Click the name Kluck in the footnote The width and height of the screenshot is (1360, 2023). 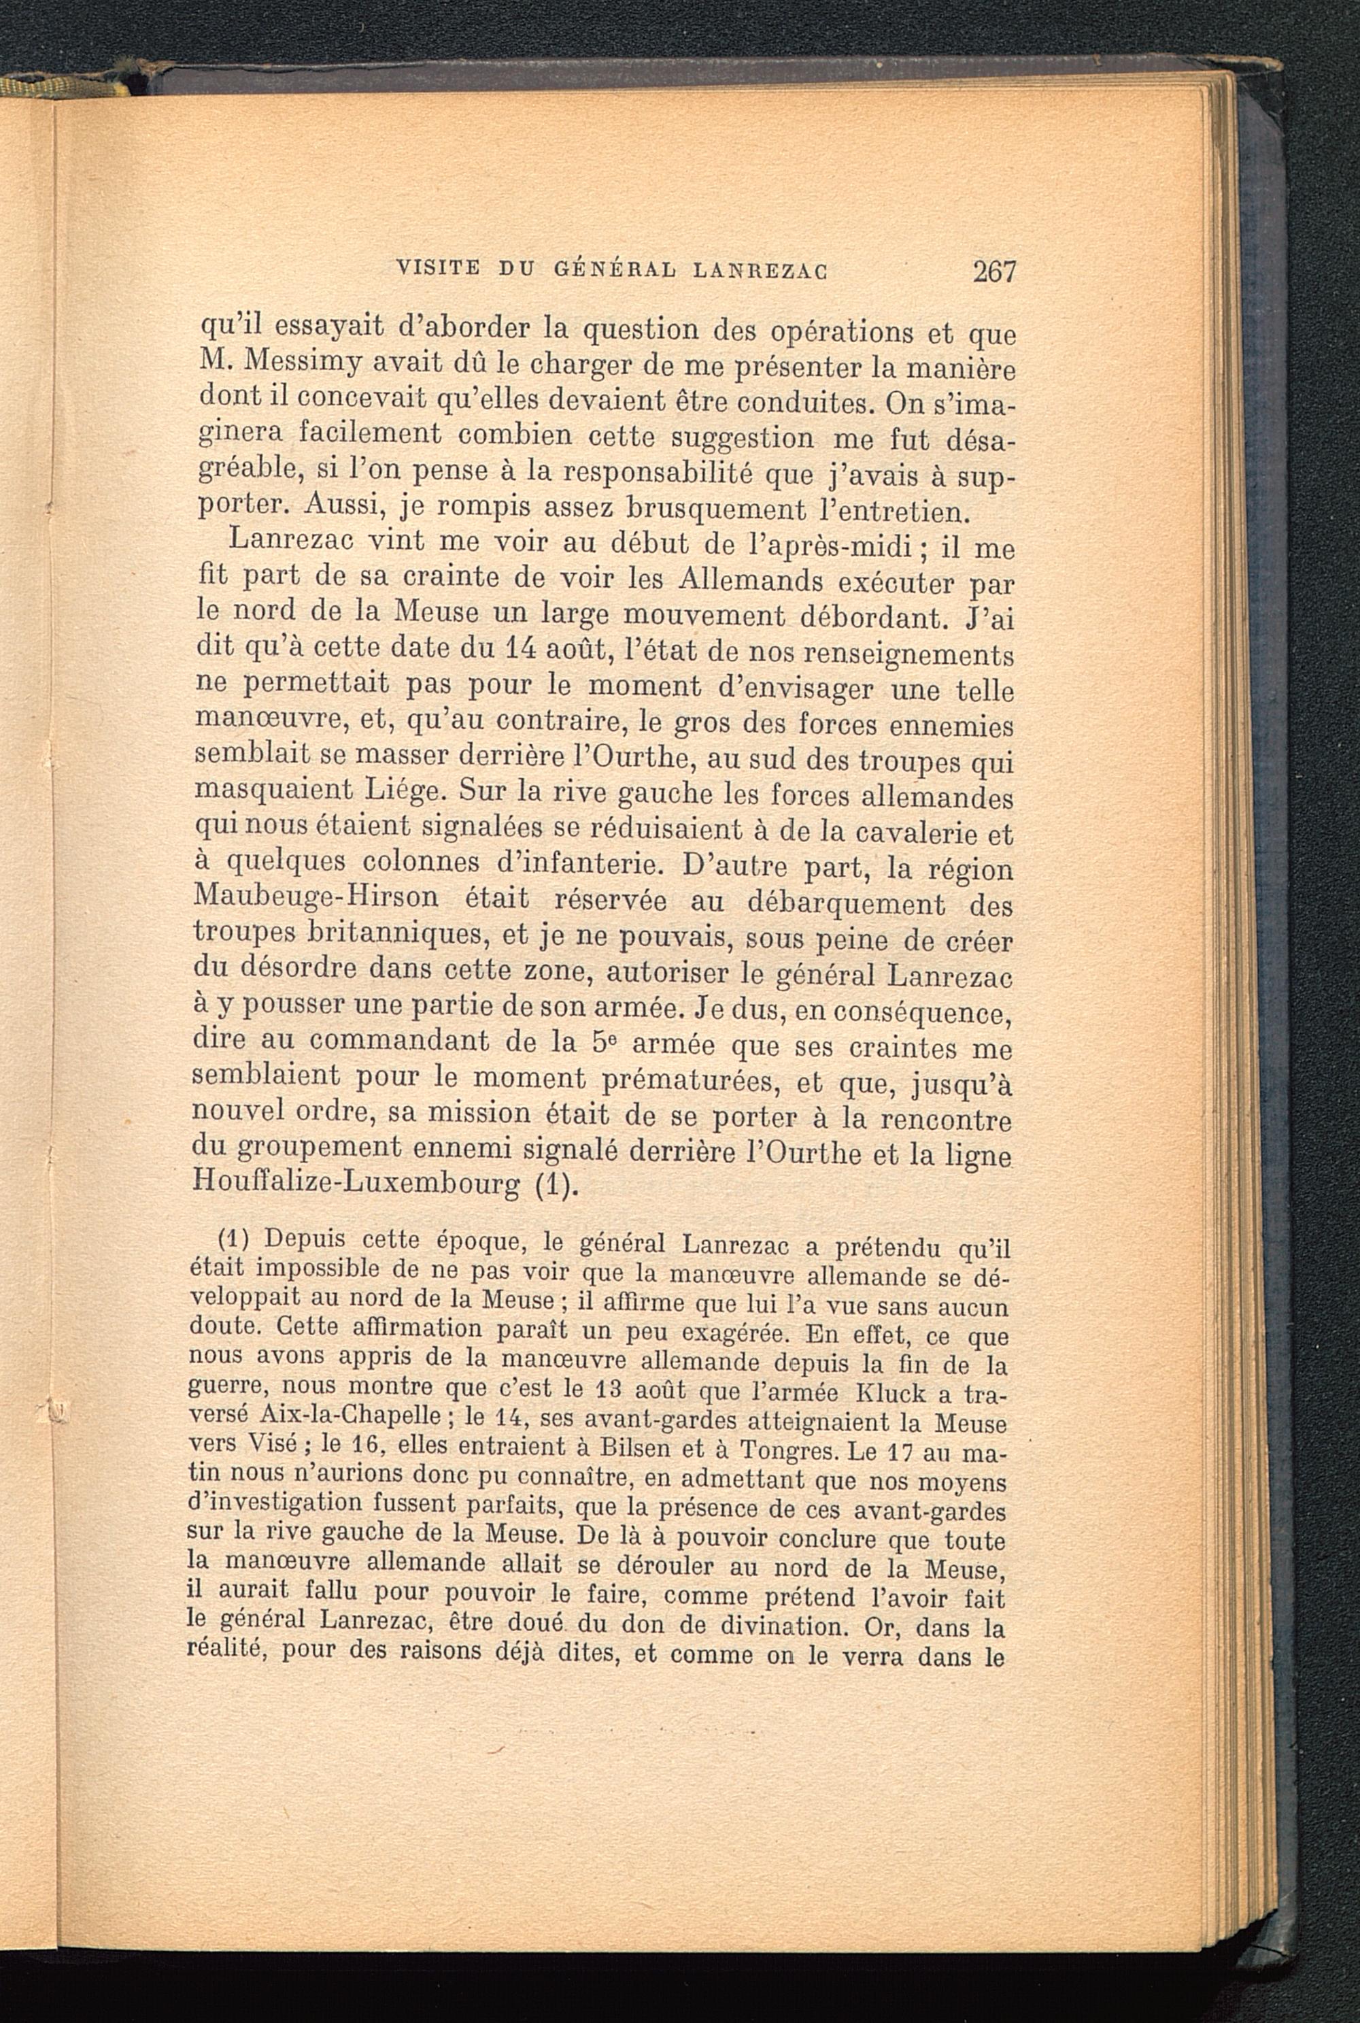click(x=891, y=1396)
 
